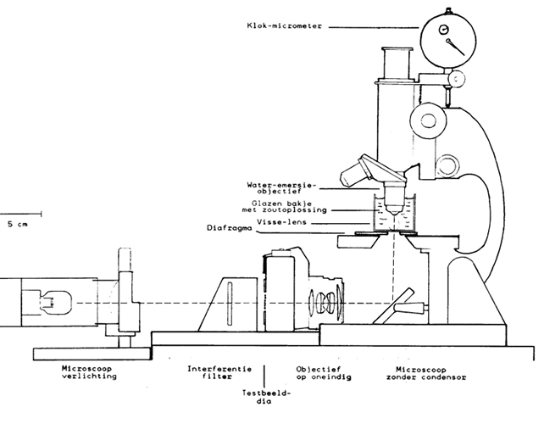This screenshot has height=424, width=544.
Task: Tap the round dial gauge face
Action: (x=445, y=39)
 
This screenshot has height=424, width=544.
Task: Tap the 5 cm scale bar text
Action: (x=16, y=224)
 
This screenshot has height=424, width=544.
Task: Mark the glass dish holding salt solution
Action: (x=391, y=216)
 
